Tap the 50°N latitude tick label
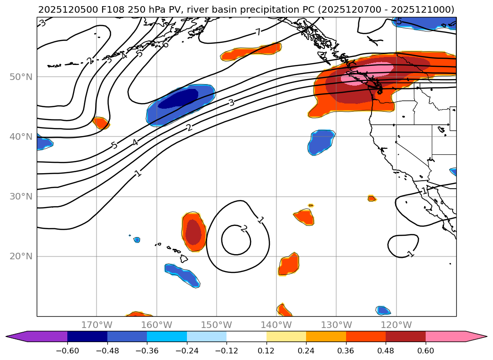[x=21, y=77]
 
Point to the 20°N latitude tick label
[x=21, y=256]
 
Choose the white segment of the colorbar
[x=246, y=336]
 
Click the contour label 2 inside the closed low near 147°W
[x=244, y=228]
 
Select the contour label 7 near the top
[x=258, y=32]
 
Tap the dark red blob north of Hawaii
[x=193, y=232]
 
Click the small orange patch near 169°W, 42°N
[x=101, y=123]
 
